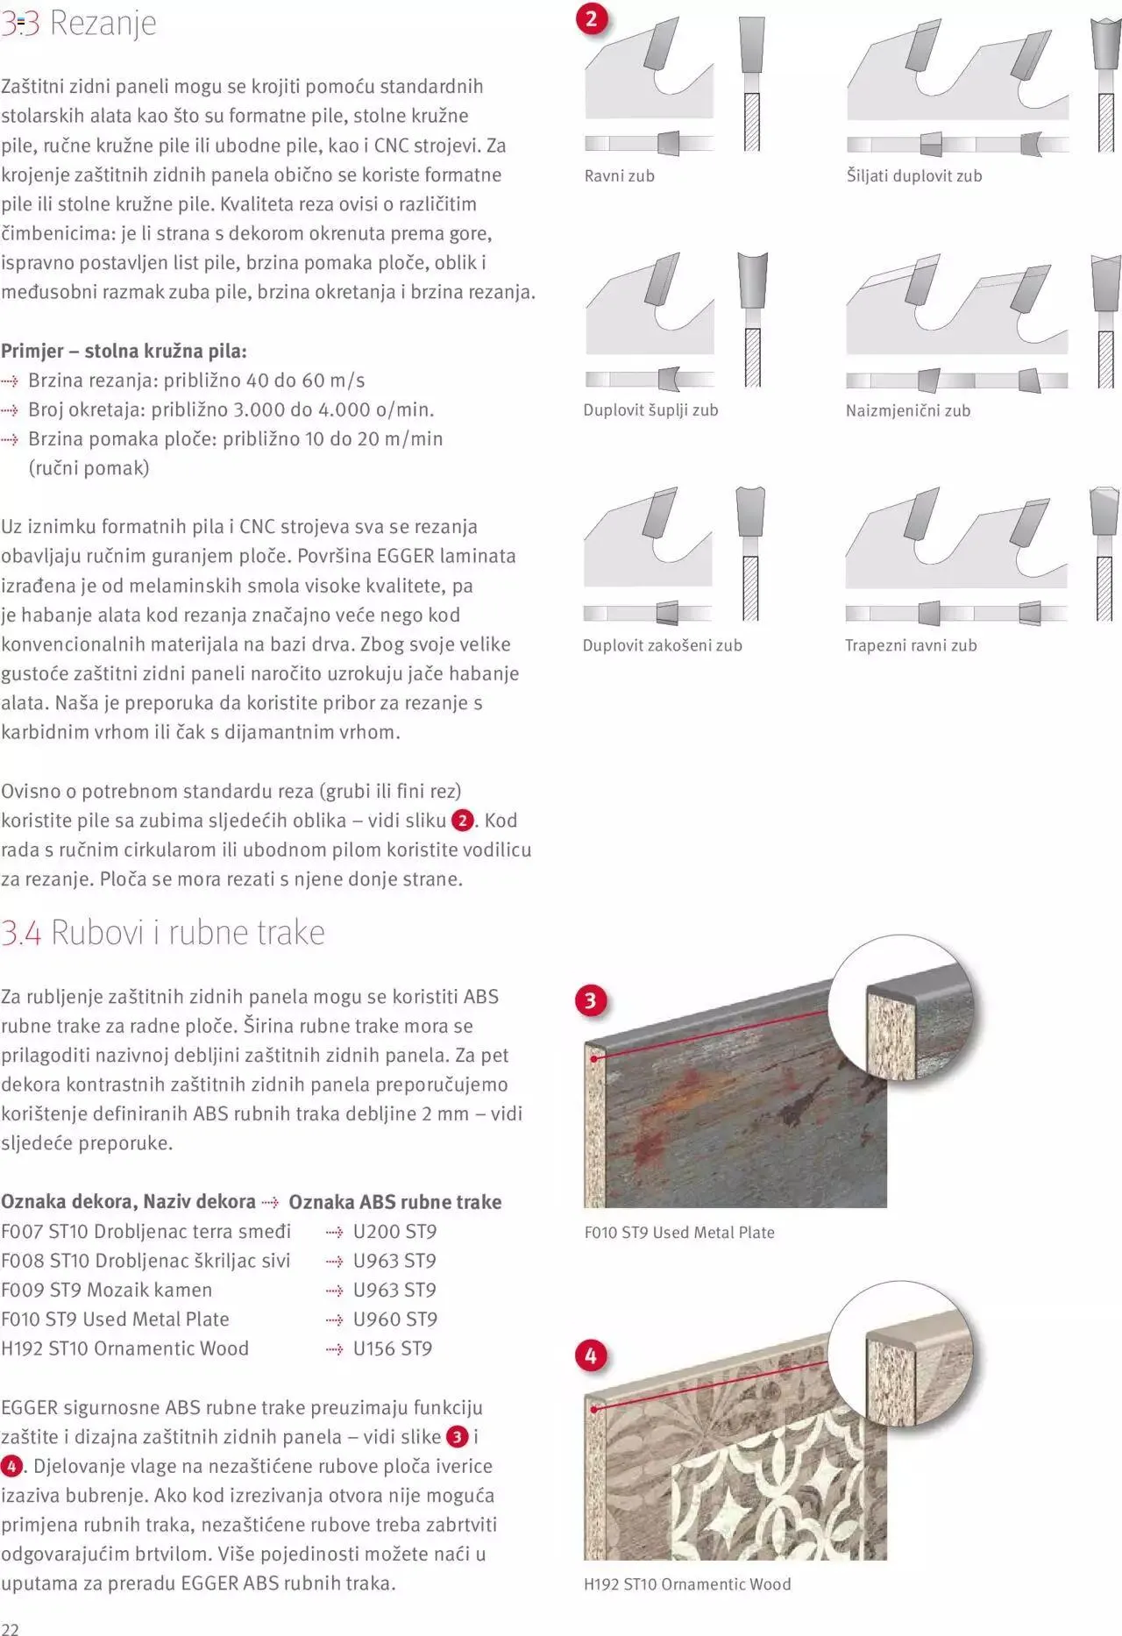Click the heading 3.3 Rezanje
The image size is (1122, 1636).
pyautogui.click(x=79, y=23)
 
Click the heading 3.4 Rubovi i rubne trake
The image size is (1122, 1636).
pyautogui.click(x=163, y=932)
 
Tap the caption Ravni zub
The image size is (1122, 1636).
pyautogui.click(x=619, y=176)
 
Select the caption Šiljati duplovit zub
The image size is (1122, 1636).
pyautogui.click(x=913, y=176)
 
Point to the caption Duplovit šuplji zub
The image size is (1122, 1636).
pyautogui.click(x=650, y=410)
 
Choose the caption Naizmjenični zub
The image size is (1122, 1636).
pyautogui.click(x=907, y=410)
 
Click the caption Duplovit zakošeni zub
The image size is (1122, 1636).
pyautogui.click(x=662, y=645)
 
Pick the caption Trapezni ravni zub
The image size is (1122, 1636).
pyautogui.click(x=910, y=645)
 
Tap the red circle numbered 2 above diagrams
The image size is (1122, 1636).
pyautogui.click(x=592, y=19)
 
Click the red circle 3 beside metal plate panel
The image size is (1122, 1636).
pyautogui.click(x=590, y=1000)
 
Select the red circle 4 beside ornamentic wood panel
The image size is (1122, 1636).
pyautogui.click(x=590, y=1355)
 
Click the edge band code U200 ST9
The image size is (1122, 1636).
pyautogui.click(x=394, y=1231)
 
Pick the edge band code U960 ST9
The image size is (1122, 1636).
pyautogui.click(x=394, y=1319)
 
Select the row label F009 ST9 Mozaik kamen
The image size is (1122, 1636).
pyautogui.click(x=106, y=1290)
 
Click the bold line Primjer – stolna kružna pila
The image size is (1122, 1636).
pyautogui.click(x=124, y=351)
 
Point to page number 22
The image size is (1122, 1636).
pyautogui.click(x=10, y=1628)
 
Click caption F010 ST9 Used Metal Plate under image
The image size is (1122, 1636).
pyautogui.click(x=679, y=1232)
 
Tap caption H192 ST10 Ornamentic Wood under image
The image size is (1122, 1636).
pyautogui.click(x=687, y=1584)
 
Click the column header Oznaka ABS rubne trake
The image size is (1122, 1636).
pyautogui.click(x=394, y=1202)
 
